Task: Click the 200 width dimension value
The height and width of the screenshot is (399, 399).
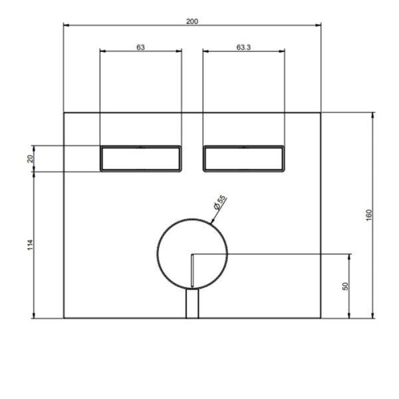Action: [x=192, y=21]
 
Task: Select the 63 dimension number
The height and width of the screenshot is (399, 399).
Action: [x=140, y=47]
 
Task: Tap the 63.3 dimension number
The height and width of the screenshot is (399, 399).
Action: [x=243, y=47]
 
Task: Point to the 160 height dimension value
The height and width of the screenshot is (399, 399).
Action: [x=368, y=215]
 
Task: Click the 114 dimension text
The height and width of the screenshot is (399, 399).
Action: [x=30, y=245]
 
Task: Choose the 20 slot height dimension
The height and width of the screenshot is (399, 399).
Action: [x=30, y=159]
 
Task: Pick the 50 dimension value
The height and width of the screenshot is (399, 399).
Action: [x=345, y=286]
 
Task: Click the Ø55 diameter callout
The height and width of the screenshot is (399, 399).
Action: [x=220, y=202]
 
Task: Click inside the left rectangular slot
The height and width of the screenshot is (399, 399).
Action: [x=141, y=159]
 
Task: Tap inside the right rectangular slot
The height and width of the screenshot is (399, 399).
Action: [x=243, y=159]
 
